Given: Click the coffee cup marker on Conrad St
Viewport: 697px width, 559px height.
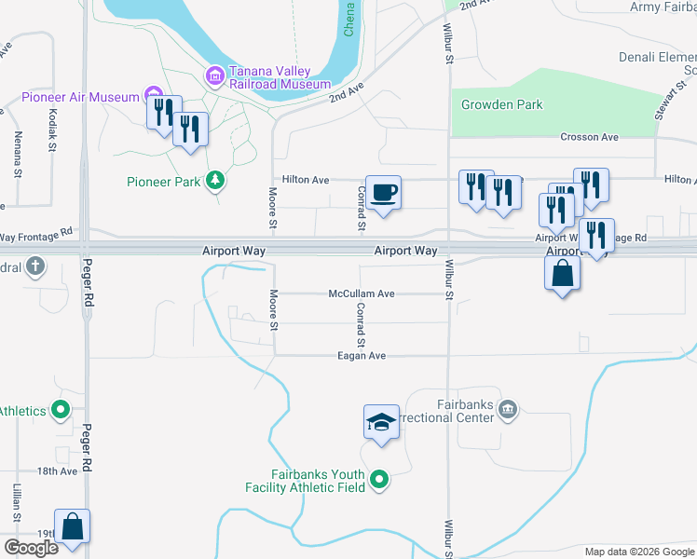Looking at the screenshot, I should [383, 193].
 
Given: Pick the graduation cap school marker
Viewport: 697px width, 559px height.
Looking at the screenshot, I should [381, 422].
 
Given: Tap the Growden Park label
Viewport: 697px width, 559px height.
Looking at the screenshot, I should [502, 105].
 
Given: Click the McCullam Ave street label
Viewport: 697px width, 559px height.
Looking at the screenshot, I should [362, 293].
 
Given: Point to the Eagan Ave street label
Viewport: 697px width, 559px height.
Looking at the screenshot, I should [362, 356].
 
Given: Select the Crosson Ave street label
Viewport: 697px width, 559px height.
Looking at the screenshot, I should [590, 137].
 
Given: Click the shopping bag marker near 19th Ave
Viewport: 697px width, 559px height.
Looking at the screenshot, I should [73, 526].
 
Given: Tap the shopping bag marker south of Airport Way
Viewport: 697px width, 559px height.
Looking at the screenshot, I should [562, 273].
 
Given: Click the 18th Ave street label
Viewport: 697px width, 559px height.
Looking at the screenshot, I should [58, 471].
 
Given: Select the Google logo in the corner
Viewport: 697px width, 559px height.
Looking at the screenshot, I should [31, 547].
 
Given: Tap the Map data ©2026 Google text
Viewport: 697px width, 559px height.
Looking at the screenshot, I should [638, 552].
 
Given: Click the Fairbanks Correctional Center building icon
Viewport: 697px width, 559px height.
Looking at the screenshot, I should [508, 407].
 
